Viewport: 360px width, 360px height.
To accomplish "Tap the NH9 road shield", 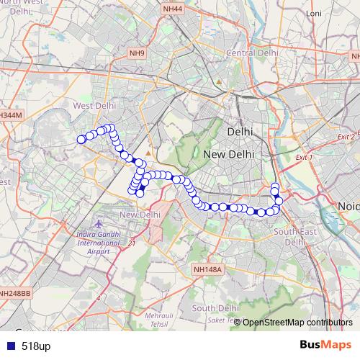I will (137, 53).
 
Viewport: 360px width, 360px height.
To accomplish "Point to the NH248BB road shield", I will (14, 293).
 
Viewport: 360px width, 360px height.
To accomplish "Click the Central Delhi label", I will (252, 53).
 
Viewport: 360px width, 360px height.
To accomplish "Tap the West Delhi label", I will (94, 105).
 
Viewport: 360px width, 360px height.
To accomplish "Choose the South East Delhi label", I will (295, 237).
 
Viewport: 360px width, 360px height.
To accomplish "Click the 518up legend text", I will (36, 346).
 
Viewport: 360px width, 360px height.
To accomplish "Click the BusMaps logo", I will (325, 346).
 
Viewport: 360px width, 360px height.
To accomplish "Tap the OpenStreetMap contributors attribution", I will (297, 322).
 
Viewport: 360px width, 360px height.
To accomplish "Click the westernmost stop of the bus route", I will (81, 140).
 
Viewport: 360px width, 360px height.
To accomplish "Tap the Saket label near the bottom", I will (216, 320).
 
